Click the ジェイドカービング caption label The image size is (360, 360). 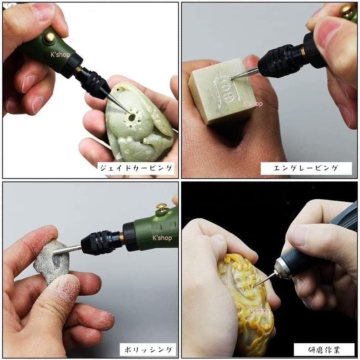[x=136, y=168]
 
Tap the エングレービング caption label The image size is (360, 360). [x=306, y=168]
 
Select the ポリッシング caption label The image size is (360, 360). [x=148, y=350]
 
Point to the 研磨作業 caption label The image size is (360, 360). [x=324, y=350]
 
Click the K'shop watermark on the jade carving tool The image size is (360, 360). [x=60, y=55]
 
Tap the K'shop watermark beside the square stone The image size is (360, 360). [x=253, y=104]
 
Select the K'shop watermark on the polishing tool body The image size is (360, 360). [x=162, y=238]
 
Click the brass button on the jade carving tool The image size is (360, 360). [x=50, y=36]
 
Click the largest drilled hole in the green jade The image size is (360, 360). [x=131, y=118]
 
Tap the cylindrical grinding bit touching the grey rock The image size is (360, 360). [x=67, y=249]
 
